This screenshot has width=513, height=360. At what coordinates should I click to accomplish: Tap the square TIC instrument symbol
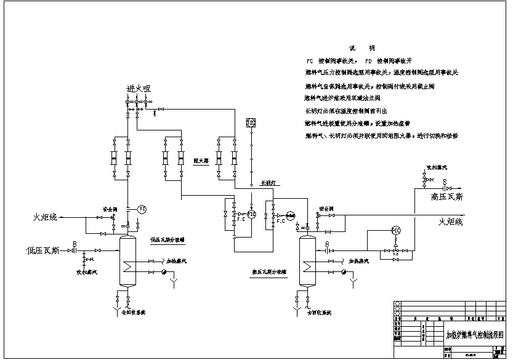coord(251,123)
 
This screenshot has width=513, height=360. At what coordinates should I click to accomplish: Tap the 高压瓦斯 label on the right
coord(456,197)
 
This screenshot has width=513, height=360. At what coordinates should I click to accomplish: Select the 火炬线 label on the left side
coord(45,217)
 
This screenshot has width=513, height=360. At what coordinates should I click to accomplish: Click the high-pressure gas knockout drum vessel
coord(307,261)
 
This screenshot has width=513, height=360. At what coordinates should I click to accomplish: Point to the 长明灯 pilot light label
coord(269,183)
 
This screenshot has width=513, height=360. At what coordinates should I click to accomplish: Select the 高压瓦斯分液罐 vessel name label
coord(270,271)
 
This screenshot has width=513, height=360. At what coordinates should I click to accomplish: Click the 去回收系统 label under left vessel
coord(131,313)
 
